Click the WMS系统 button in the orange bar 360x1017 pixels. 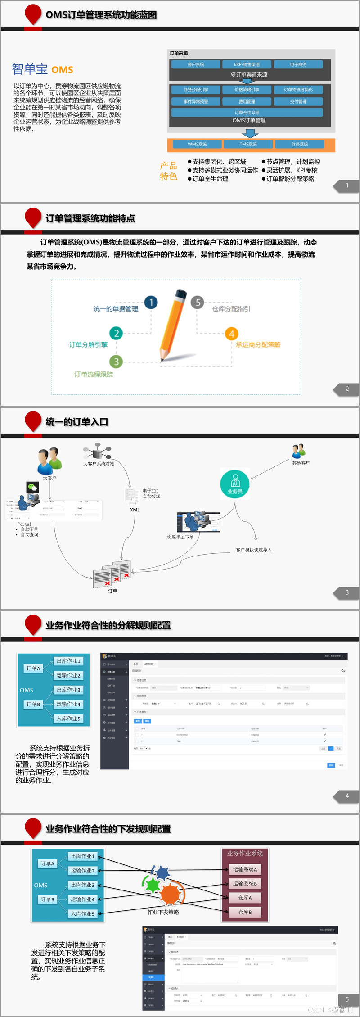coord(197,144)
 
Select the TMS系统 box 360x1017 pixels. coord(248,144)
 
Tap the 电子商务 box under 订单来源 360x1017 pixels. coord(298,64)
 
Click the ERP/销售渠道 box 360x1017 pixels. coord(247,64)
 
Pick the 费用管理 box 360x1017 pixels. coord(247,101)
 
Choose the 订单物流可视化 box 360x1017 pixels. coord(298,90)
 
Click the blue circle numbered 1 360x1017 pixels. coord(151,303)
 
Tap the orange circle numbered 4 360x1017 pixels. coord(231,334)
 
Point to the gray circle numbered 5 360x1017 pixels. coord(198,303)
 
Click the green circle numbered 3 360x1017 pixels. coord(116,362)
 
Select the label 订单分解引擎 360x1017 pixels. coord(88,345)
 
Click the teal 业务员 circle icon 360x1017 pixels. coord(234,484)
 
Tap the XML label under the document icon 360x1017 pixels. coord(135,510)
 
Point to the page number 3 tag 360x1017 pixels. coord(346,592)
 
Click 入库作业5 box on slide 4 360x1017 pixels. coord(68,719)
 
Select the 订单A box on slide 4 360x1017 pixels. coord(33,669)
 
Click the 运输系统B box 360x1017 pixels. coord(245,884)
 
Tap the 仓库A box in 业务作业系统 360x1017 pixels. coord(245,898)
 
